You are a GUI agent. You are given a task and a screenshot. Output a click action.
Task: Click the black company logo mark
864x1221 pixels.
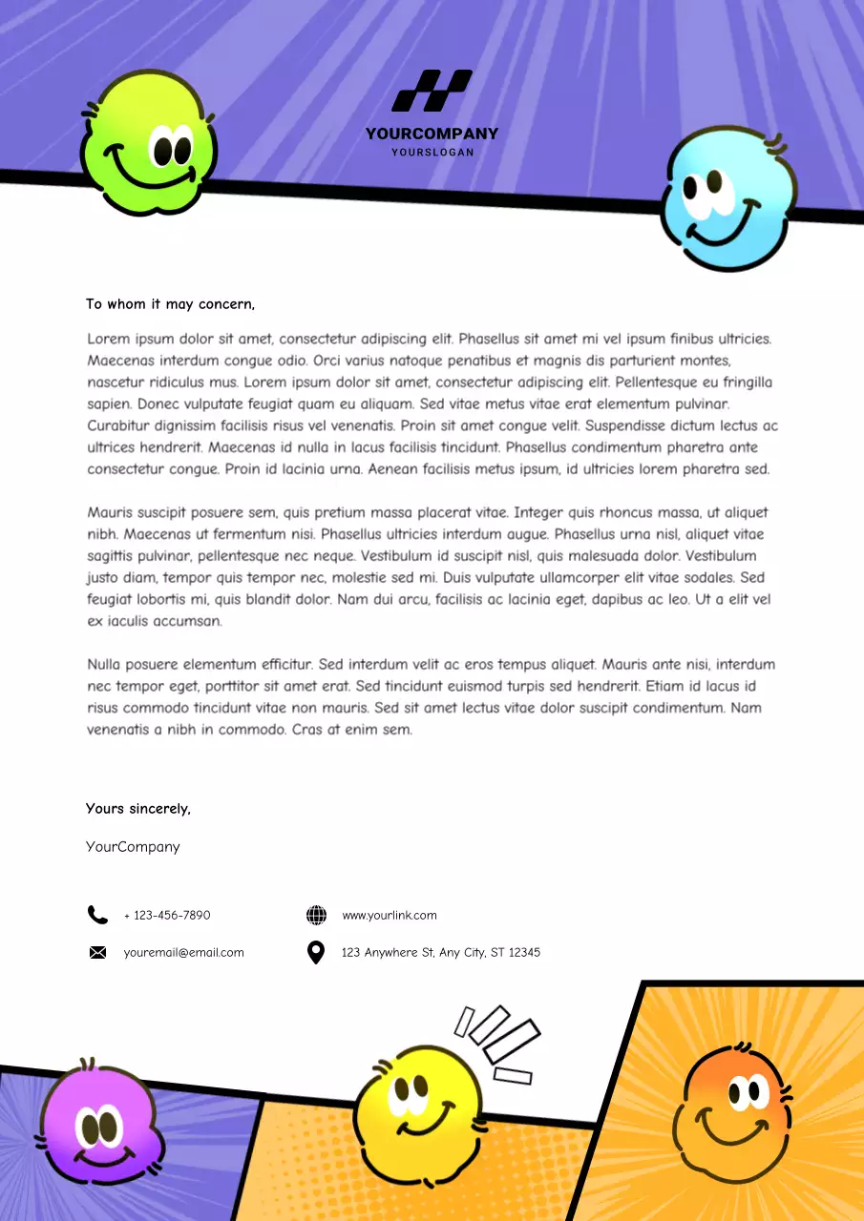point(432,91)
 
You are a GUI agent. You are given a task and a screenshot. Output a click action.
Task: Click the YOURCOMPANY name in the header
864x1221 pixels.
point(432,135)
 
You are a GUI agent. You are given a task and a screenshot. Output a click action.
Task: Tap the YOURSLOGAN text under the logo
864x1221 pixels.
point(432,153)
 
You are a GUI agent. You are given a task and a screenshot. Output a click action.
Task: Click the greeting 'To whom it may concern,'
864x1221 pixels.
point(170,304)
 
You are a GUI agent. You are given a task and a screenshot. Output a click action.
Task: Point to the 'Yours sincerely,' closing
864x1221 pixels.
point(138,809)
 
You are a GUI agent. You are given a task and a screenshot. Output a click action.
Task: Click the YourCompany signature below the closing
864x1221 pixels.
point(133,846)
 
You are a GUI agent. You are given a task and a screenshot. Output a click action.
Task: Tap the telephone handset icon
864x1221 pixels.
point(97,916)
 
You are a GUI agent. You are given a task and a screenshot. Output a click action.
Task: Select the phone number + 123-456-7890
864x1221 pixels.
point(167,916)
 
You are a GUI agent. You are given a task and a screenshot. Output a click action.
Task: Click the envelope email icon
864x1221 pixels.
point(97,952)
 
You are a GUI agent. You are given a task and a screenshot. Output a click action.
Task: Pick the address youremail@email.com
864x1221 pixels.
point(183,952)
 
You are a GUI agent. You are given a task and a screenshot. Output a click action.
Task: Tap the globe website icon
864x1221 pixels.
point(316,916)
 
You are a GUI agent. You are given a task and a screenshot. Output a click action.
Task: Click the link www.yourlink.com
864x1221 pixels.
point(389,916)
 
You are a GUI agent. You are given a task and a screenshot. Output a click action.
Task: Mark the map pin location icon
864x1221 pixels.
point(316,952)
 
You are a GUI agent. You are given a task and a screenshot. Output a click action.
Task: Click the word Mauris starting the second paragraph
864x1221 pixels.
point(110,513)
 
